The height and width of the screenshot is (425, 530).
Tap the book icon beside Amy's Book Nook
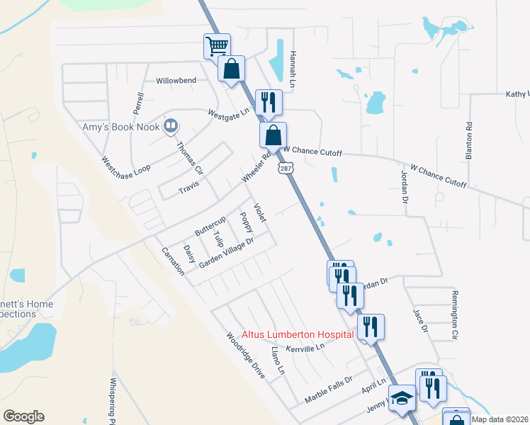[x=170, y=126]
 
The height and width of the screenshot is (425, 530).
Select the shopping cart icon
[x=217, y=47]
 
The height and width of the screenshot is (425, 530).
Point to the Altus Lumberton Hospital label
[x=298, y=334]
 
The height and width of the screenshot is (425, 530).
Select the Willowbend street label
[x=176, y=81]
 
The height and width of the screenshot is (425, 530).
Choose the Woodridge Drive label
[x=245, y=356]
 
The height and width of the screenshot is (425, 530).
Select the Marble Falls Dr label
[x=328, y=390]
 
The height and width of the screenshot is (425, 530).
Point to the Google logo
[x=24, y=416]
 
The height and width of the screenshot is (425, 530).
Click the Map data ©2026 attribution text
[x=500, y=419]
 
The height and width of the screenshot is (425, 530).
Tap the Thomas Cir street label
[x=189, y=159]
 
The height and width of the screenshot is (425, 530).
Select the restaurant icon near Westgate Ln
[x=269, y=102]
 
